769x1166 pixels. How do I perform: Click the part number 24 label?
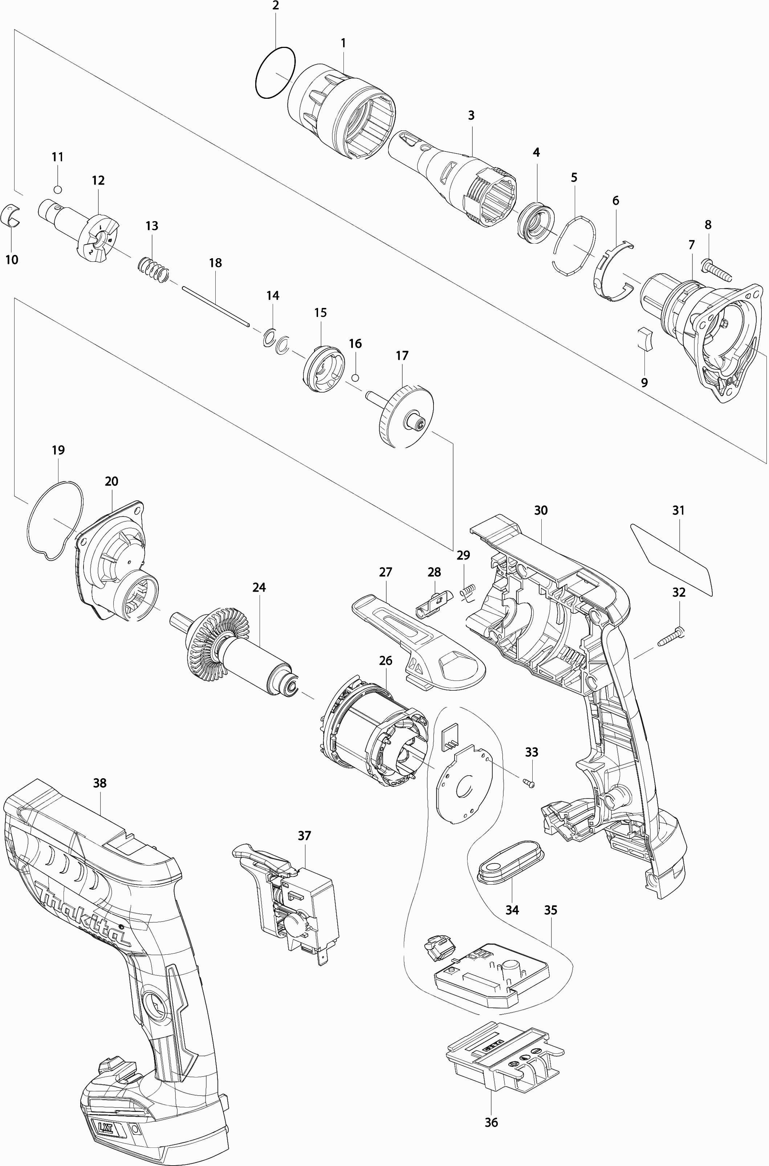[259, 587]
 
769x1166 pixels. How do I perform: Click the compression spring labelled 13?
[154, 271]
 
